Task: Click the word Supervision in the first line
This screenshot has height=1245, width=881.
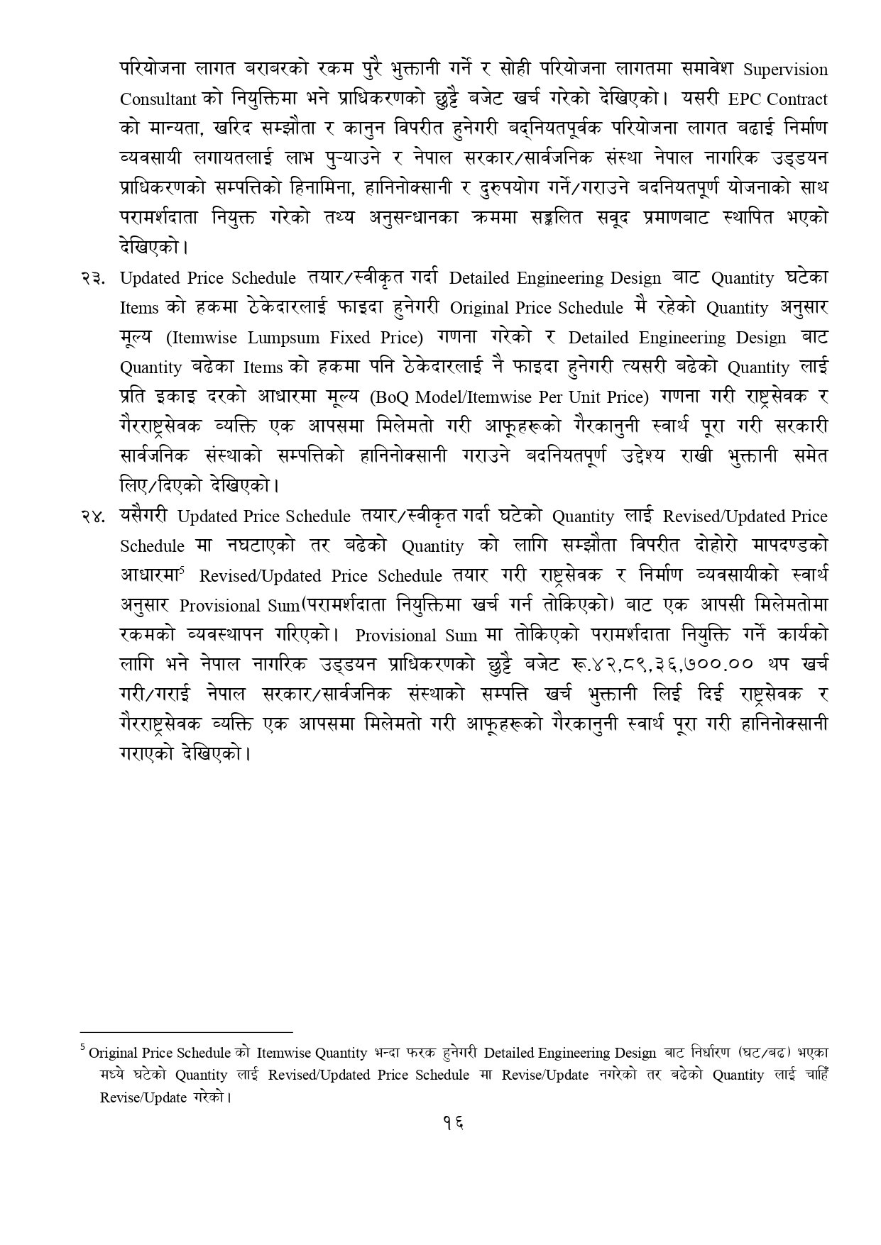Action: pos(785,70)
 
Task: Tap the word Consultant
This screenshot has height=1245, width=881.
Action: pos(158,99)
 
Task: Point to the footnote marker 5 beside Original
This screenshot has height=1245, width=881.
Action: pos(83,1046)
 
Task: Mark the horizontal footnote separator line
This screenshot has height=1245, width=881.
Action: pos(186,1033)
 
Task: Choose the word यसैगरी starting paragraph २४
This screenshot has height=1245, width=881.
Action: pos(145,516)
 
